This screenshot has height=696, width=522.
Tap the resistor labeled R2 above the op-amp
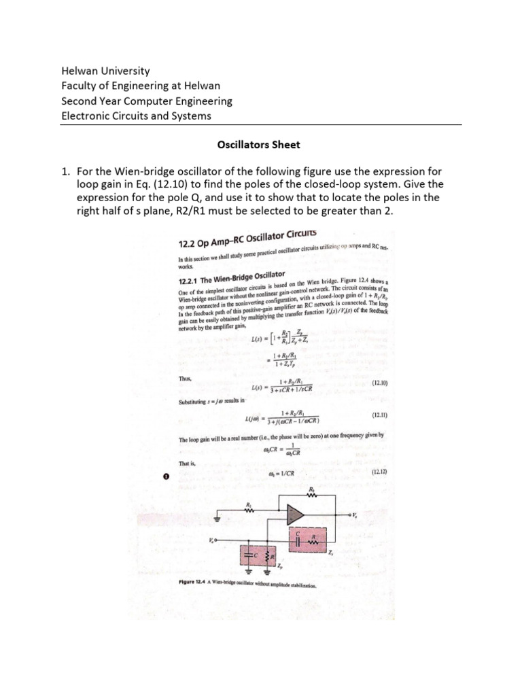312,495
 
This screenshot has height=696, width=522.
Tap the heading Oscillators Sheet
258,145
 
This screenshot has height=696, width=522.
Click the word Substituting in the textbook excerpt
195,403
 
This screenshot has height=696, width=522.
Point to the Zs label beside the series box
331,554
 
